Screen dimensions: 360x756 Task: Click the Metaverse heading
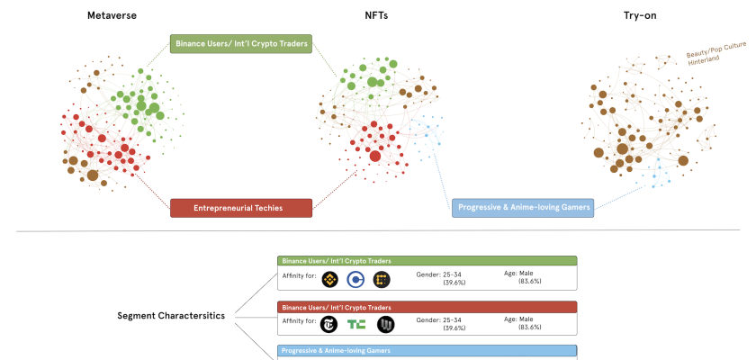[112, 15]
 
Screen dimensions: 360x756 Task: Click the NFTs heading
[376, 15]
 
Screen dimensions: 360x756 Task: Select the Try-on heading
[643, 15]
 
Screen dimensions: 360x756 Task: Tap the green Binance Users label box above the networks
[240, 42]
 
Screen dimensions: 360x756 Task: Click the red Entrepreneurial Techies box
[240, 208]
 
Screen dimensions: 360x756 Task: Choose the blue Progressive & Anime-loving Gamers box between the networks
[523, 208]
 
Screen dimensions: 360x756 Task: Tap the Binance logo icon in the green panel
[329, 280]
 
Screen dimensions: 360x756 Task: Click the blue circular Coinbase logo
[355, 280]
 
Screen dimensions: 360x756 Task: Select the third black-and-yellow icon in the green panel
[382, 280]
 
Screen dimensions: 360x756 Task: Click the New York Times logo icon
[329, 324]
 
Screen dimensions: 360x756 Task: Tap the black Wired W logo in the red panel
[385, 324]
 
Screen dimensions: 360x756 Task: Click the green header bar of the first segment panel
[427, 260]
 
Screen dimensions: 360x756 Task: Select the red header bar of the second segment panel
[427, 306]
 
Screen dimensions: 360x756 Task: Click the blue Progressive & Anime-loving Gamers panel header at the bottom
[427, 350]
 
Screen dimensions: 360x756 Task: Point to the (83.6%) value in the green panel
[528, 282]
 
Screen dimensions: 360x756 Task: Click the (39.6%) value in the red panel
[454, 328]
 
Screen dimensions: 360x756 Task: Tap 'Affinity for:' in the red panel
[298, 320]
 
